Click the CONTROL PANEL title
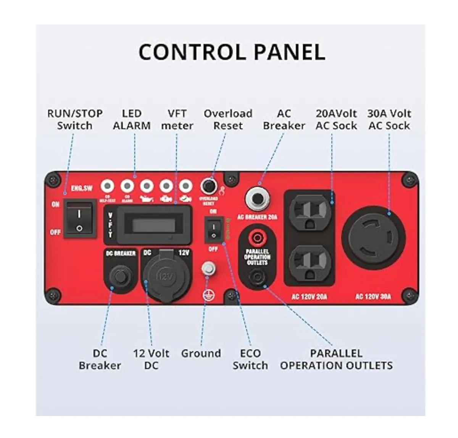tap(232, 52)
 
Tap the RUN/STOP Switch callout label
tap(75, 120)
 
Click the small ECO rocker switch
tap(214, 230)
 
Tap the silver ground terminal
tap(208, 268)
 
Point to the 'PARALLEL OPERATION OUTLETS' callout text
tap(336, 359)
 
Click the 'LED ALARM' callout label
tap(132, 120)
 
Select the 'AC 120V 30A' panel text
tap(373, 296)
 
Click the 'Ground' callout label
tap(201, 353)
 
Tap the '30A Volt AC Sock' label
tap(389, 120)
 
